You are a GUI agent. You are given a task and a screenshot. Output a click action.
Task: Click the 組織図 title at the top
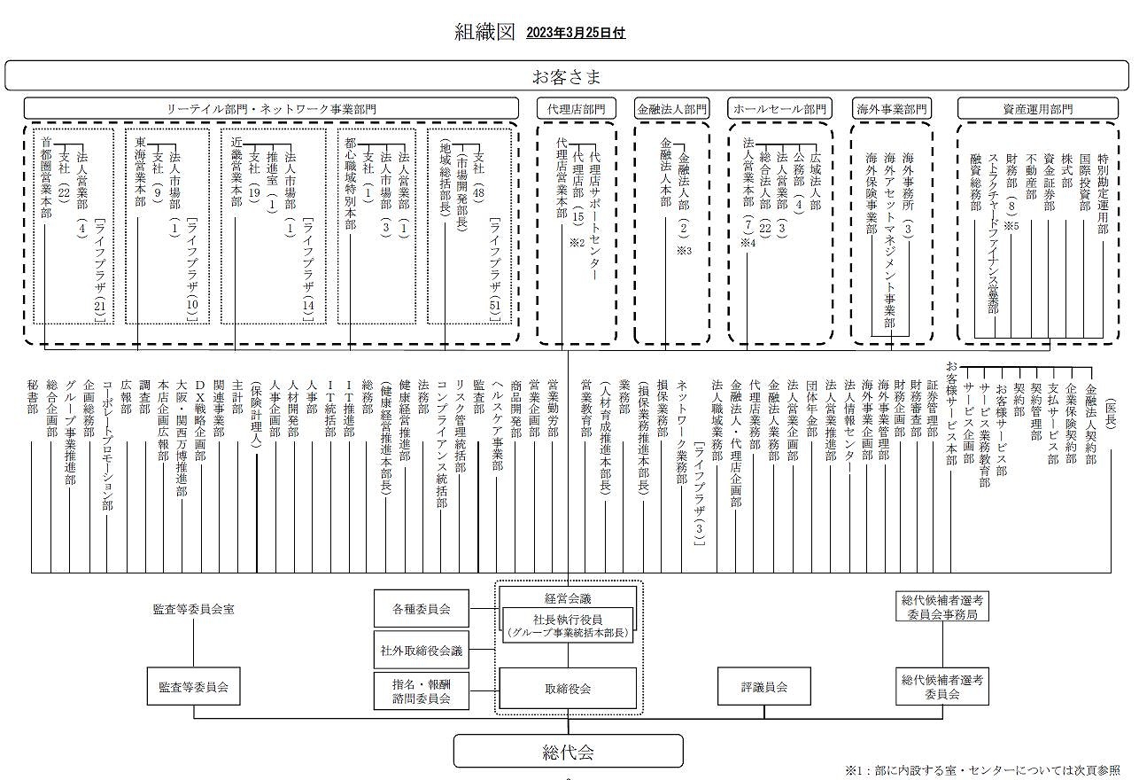click(484, 32)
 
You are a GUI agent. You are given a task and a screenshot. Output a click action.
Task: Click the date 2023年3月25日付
click(575, 33)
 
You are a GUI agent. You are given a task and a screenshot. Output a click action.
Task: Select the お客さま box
click(567, 76)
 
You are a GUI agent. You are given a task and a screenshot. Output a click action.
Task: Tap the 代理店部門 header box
click(577, 109)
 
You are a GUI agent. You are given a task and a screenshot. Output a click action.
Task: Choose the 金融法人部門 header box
click(672, 109)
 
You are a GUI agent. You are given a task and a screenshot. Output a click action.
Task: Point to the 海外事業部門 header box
click(892, 109)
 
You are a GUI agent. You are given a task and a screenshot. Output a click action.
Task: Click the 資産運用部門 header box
click(1037, 109)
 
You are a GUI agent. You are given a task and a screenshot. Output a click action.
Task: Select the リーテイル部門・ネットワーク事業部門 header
click(271, 109)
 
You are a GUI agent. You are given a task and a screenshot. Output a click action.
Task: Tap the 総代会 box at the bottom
click(568, 753)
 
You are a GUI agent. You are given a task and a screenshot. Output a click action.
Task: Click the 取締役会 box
click(568, 688)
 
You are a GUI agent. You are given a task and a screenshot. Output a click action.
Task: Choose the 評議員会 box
click(764, 687)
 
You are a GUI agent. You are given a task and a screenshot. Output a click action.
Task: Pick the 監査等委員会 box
click(193, 687)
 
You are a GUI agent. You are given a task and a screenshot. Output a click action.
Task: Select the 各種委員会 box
click(421, 609)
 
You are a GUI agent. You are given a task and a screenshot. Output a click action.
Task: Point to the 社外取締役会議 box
click(421, 651)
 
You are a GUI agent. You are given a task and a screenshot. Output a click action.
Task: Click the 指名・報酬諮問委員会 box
click(421, 690)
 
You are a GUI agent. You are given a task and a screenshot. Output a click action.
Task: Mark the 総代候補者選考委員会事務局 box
click(942, 607)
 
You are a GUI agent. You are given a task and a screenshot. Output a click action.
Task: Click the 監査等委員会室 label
click(193, 610)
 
